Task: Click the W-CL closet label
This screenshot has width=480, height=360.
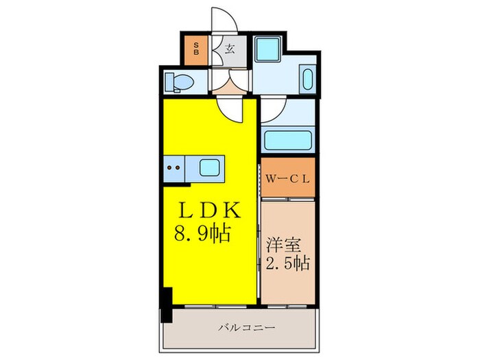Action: (x=288, y=178)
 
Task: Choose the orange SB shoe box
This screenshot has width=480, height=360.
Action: (x=197, y=49)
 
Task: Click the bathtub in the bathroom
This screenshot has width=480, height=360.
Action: (x=288, y=140)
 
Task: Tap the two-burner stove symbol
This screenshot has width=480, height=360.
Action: (x=174, y=167)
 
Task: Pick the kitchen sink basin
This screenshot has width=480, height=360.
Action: (x=209, y=167)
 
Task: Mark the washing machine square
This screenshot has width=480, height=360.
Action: (x=266, y=49)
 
